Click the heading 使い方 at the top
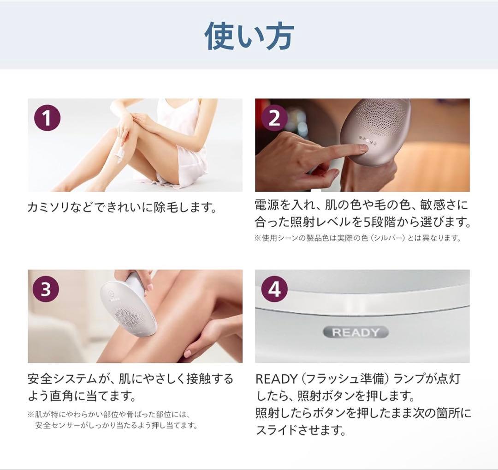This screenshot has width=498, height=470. tap(249, 36)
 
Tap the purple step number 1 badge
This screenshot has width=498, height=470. tap(47, 119)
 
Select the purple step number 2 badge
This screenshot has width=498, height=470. tap(274, 119)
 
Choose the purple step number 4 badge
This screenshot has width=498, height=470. tap(274, 290)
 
